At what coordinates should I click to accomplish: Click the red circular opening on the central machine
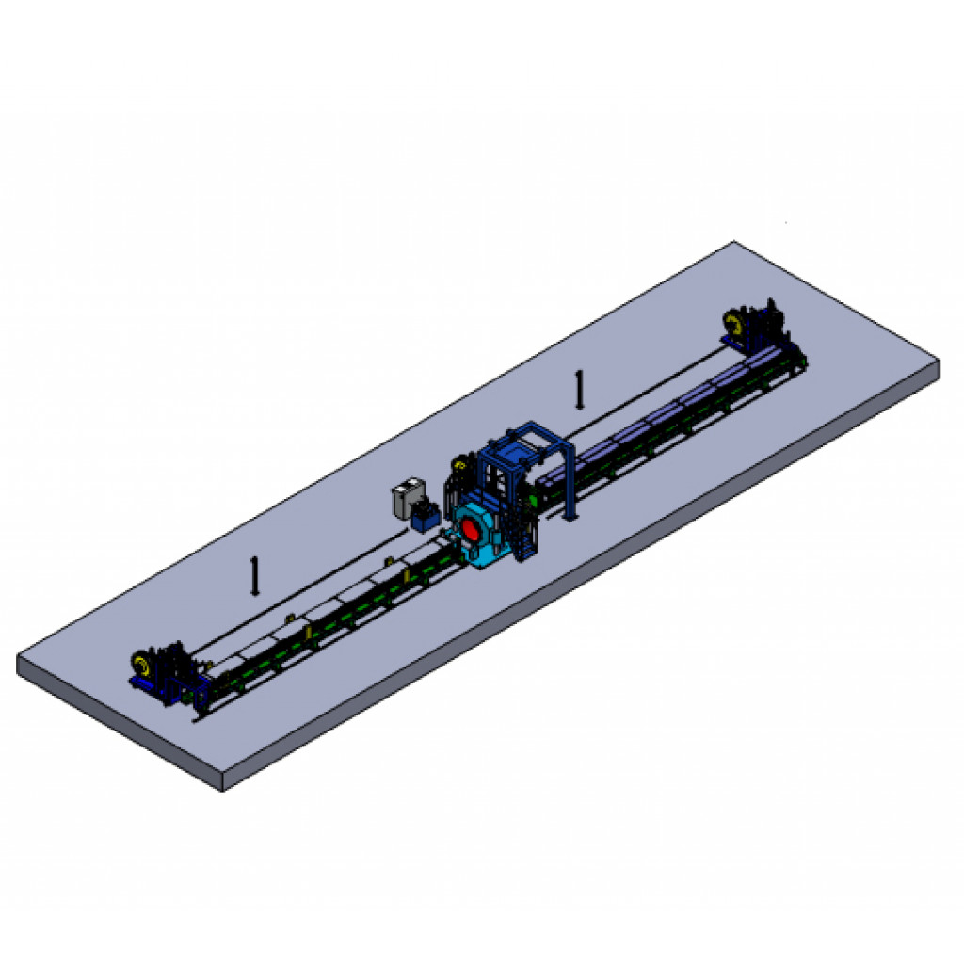coord(469,532)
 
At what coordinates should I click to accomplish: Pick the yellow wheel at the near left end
coord(142,666)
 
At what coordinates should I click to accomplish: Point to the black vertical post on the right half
coord(580,389)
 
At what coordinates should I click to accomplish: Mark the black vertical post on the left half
coord(254,575)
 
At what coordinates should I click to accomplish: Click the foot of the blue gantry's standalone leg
coord(570,516)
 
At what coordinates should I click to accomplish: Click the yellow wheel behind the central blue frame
coord(460,464)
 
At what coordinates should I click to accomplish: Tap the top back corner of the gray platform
coord(732,243)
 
